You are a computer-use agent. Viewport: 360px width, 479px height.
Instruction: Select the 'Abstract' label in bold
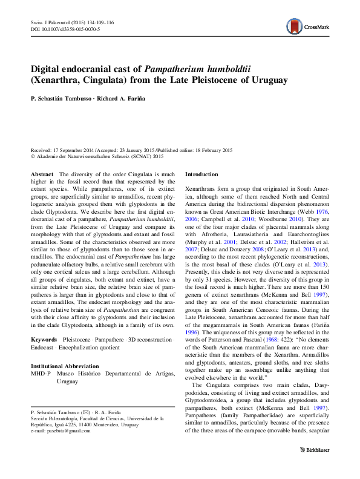click(x=41, y=174)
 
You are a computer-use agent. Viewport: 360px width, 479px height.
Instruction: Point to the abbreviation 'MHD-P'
click(x=41, y=374)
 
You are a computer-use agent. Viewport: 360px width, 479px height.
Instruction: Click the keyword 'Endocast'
click(x=44, y=348)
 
